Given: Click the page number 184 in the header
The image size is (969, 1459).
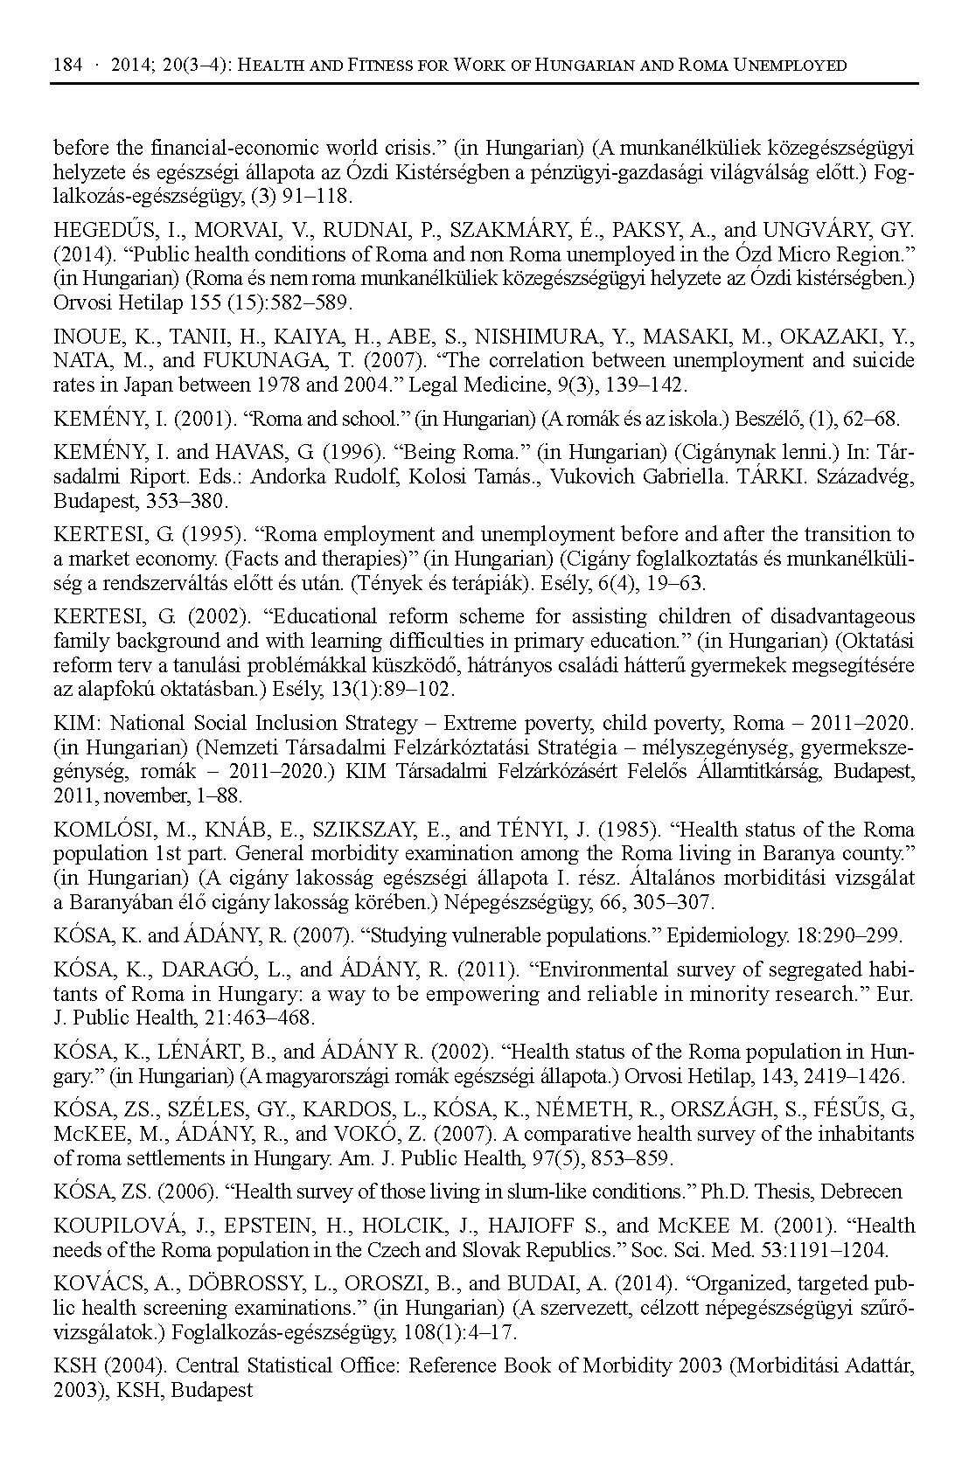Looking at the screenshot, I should pos(67,66).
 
